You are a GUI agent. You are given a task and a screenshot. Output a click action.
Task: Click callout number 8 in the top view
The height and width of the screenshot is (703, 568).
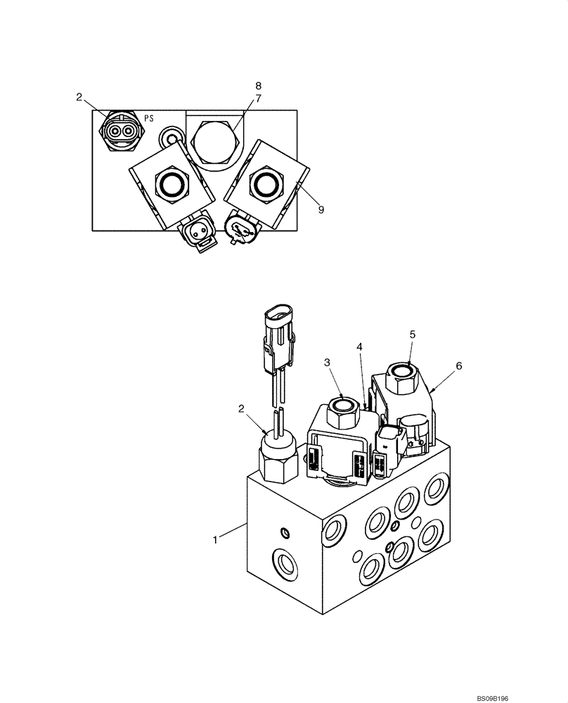click(x=258, y=86)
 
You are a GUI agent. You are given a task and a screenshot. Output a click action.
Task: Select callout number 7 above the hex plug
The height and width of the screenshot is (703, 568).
click(x=258, y=99)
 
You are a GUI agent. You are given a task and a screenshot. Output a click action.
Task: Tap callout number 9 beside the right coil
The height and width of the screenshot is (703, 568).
click(x=320, y=209)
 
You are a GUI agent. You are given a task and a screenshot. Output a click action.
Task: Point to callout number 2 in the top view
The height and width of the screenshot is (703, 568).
click(x=79, y=96)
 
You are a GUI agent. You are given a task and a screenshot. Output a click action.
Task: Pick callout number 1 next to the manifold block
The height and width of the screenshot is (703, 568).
click(x=217, y=539)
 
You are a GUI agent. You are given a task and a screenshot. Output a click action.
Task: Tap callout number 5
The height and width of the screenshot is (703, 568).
click(x=413, y=335)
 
